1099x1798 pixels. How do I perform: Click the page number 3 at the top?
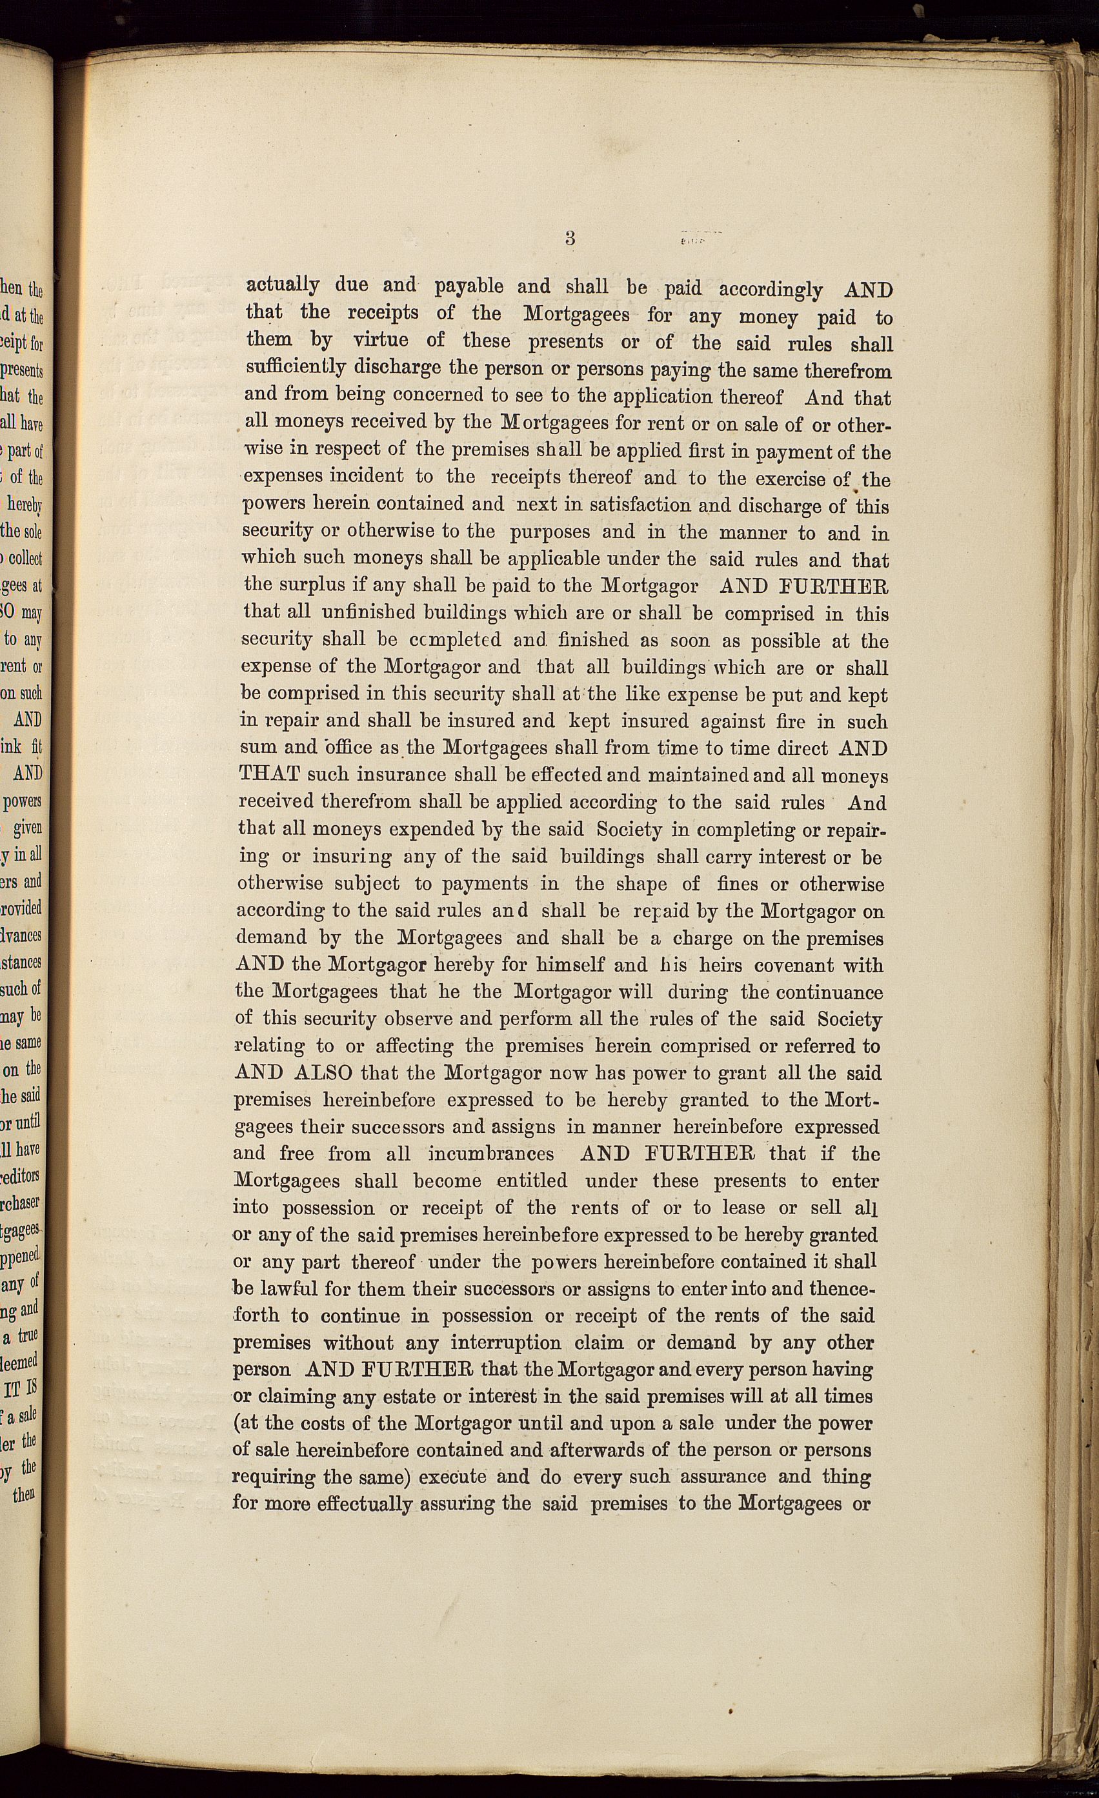[570, 238]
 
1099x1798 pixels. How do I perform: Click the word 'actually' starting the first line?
[283, 285]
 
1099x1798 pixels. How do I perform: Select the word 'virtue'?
[380, 340]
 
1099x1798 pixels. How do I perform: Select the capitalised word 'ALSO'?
[323, 1073]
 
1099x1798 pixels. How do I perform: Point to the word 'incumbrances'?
[491, 1154]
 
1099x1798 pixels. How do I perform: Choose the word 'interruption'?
[506, 1343]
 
